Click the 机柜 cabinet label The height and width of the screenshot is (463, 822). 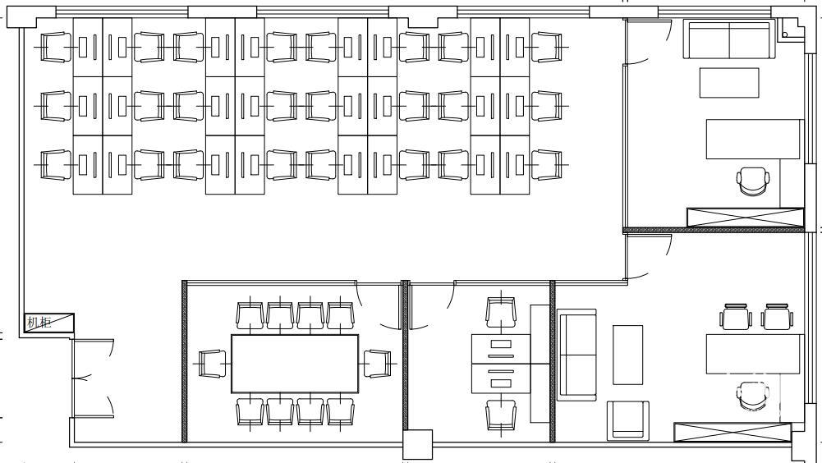pos(39,322)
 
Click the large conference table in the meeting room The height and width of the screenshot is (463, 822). pos(295,364)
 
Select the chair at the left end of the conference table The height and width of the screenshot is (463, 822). pos(213,364)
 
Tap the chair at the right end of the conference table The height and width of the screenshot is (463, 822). pos(378,364)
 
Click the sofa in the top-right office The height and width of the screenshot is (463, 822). pos(729,39)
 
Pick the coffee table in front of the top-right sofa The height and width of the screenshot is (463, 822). pos(729,83)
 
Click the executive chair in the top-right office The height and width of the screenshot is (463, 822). pos(753,181)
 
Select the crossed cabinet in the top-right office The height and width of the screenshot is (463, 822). pos(745,218)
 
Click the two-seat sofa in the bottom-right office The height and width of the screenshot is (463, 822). pos(576,355)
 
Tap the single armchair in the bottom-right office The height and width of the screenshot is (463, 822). pos(628,420)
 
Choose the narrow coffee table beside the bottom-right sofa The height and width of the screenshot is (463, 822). pos(627,355)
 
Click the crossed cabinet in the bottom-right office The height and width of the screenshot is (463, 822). pos(732,432)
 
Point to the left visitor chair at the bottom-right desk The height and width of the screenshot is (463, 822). pos(736,317)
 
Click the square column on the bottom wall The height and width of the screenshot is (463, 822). pos(417,445)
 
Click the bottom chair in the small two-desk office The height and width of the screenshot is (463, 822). pos(501,415)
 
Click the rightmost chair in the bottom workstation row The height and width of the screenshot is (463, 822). pos(547,165)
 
